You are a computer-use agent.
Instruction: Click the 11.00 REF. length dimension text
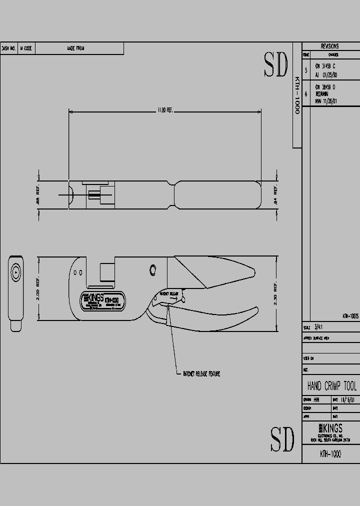click(165, 110)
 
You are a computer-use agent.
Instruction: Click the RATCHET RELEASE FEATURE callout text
click(201, 373)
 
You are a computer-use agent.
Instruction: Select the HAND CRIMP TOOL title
click(331, 386)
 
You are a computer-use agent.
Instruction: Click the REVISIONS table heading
click(330, 46)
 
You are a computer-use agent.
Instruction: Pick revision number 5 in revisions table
click(306, 70)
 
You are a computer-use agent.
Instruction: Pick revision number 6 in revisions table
click(306, 93)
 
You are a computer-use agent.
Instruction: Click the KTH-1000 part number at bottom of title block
click(330, 454)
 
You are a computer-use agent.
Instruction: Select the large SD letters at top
click(275, 64)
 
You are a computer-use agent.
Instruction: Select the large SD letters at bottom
click(282, 438)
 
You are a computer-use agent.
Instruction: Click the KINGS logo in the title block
click(330, 428)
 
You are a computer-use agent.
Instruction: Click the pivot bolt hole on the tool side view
click(153, 270)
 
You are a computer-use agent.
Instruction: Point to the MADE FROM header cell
click(75, 48)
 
